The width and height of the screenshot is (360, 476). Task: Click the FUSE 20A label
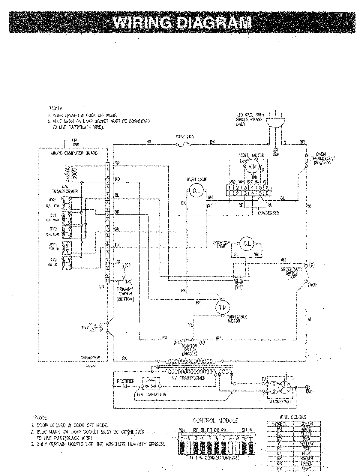pos(184,137)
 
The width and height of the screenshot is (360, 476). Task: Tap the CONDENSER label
pos(268,213)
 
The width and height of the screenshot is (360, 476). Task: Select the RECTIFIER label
pos(126,381)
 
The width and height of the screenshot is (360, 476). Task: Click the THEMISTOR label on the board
pos(90,358)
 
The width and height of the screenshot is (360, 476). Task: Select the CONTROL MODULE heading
pos(215,421)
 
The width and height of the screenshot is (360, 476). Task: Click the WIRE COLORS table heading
pos(293,417)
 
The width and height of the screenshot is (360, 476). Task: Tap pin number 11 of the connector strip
pos(251,438)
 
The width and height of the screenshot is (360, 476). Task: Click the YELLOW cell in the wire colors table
pos(307,444)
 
